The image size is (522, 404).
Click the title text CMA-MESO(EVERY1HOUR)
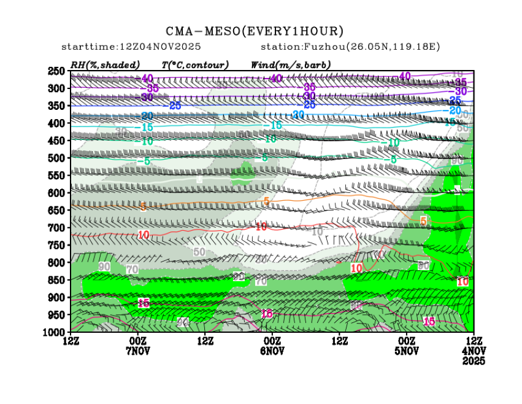click(255, 31)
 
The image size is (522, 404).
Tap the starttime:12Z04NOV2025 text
click(131, 47)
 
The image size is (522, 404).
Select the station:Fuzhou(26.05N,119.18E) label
click(350, 47)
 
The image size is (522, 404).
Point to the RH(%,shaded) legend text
click(105, 64)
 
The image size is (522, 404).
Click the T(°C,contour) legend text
click(195, 64)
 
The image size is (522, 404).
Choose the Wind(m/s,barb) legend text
click(291, 64)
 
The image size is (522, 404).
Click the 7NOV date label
click(138, 351)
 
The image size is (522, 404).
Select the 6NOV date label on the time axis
click(272, 351)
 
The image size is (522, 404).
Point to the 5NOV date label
click(406, 351)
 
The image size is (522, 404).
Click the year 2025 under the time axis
click(473, 362)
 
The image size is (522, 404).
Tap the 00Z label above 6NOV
click(272, 341)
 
